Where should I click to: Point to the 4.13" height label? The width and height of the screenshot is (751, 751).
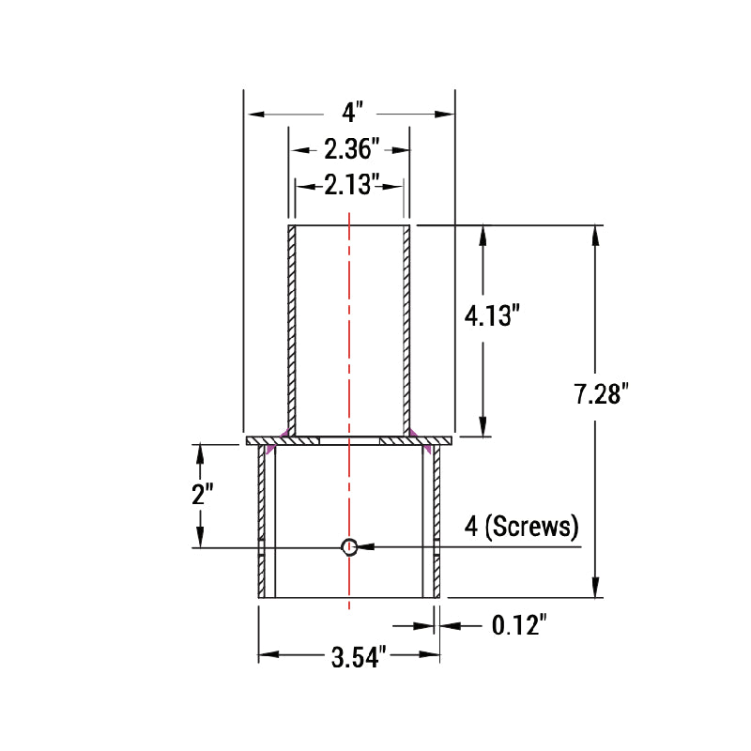tap(492, 316)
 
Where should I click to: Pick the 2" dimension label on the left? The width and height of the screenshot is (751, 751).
tap(203, 495)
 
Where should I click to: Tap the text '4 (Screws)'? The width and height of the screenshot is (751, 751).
tap(523, 527)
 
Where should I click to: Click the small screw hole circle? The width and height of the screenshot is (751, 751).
tap(349, 546)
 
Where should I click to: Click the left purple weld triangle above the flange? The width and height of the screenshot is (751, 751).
tap(283, 432)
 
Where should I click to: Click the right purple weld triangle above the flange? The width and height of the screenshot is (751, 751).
tap(413, 432)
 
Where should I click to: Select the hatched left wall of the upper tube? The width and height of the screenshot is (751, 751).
tap(292, 329)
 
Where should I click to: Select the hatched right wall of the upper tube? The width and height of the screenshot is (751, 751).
tap(407, 329)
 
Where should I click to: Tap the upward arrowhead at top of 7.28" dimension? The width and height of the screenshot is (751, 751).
tap(595, 235)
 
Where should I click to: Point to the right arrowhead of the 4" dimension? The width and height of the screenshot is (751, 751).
tap(445, 114)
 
